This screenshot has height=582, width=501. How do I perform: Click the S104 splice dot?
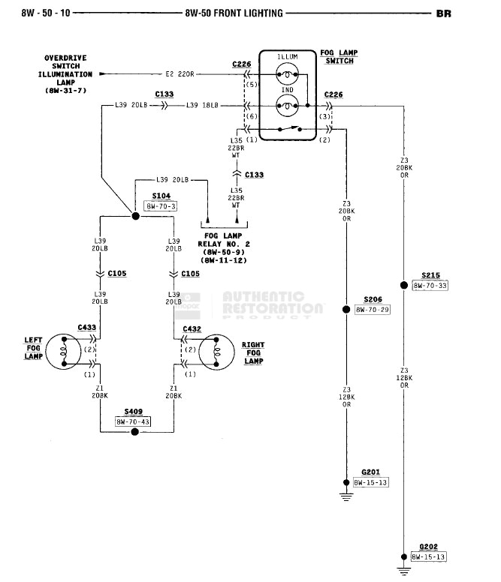(136, 216)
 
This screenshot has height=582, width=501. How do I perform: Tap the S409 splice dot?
(135, 432)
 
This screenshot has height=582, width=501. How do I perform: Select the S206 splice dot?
(346, 309)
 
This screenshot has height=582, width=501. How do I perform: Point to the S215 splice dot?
(403, 285)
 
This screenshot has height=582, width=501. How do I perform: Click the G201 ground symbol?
(346, 492)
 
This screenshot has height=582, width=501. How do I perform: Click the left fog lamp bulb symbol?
(65, 352)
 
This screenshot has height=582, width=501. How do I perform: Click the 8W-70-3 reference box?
(161, 205)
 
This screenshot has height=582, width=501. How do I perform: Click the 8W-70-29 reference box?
(373, 309)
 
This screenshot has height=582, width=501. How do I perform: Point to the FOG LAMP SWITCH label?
(340, 57)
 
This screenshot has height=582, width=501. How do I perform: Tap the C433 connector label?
(86, 328)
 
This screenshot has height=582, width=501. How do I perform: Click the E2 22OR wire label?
(180, 74)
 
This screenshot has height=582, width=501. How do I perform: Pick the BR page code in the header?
(443, 13)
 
